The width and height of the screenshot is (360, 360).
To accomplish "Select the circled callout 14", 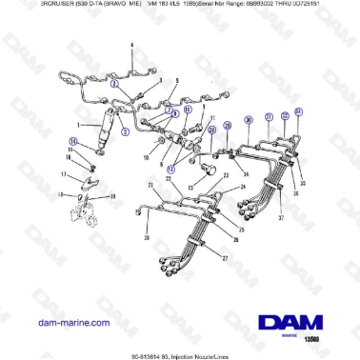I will coord(72,142).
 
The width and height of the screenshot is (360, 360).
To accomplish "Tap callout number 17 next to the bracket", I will coord(64,174).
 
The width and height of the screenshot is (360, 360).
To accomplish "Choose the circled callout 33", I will coord(298,113).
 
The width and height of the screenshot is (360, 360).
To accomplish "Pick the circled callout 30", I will coord(248,119).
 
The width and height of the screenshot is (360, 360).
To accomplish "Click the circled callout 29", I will coord(227,126).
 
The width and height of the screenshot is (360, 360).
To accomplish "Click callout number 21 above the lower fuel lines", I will coord(150,183).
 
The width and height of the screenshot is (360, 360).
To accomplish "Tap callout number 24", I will coord(242,187).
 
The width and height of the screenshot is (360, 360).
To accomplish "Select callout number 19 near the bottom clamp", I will coord(111,196).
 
